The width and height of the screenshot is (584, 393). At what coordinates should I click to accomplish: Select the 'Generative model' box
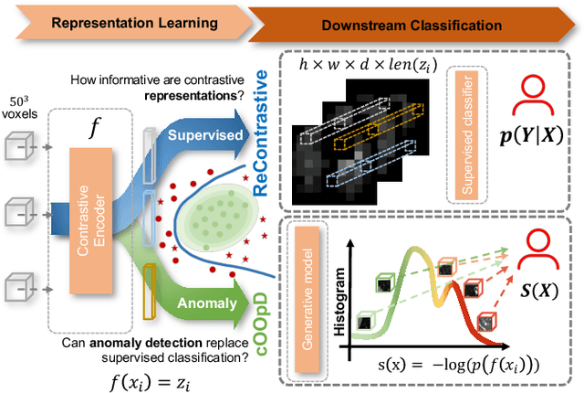[x=305, y=288]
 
